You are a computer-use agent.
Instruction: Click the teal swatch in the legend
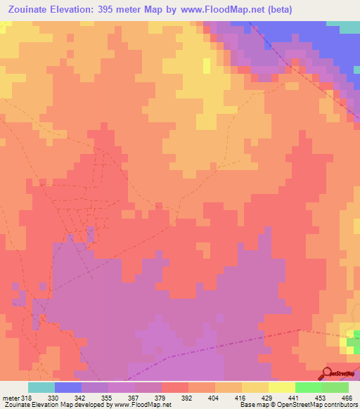pos(41,387)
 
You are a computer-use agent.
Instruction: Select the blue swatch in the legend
pos(68,387)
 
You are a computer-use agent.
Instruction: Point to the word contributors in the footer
pos(336,404)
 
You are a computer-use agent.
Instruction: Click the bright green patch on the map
pos(350,342)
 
